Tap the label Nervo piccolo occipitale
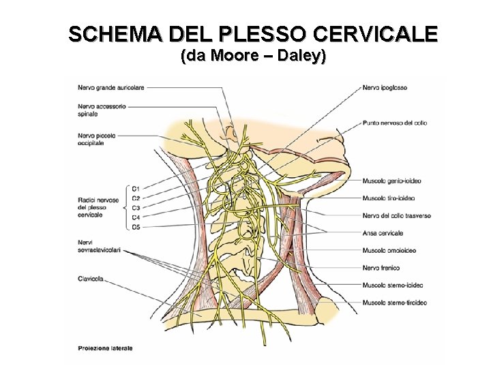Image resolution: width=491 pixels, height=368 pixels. [x=96, y=139]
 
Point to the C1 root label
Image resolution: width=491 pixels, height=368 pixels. [x=136, y=188]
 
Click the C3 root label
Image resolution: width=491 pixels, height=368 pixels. [x=136, y=207]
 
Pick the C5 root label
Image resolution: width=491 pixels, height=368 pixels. [x=136, y=226]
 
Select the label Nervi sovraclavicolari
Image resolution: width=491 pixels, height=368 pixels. [x=99, y=246]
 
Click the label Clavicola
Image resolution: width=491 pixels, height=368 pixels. [x=91, y=278]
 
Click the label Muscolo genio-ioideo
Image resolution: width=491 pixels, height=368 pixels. [x=393, y=181]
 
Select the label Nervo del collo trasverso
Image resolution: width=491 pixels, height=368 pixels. [x=397, y=216]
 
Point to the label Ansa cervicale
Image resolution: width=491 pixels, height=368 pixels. [x=383, y=233]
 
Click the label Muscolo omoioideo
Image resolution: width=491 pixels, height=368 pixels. [x=389, y=250]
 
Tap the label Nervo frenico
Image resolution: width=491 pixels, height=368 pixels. [x=381, y=268]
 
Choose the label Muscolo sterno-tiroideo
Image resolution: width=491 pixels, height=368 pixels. [x=395, y=302]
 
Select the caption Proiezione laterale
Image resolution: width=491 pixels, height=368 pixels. [x=105, y=348]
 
